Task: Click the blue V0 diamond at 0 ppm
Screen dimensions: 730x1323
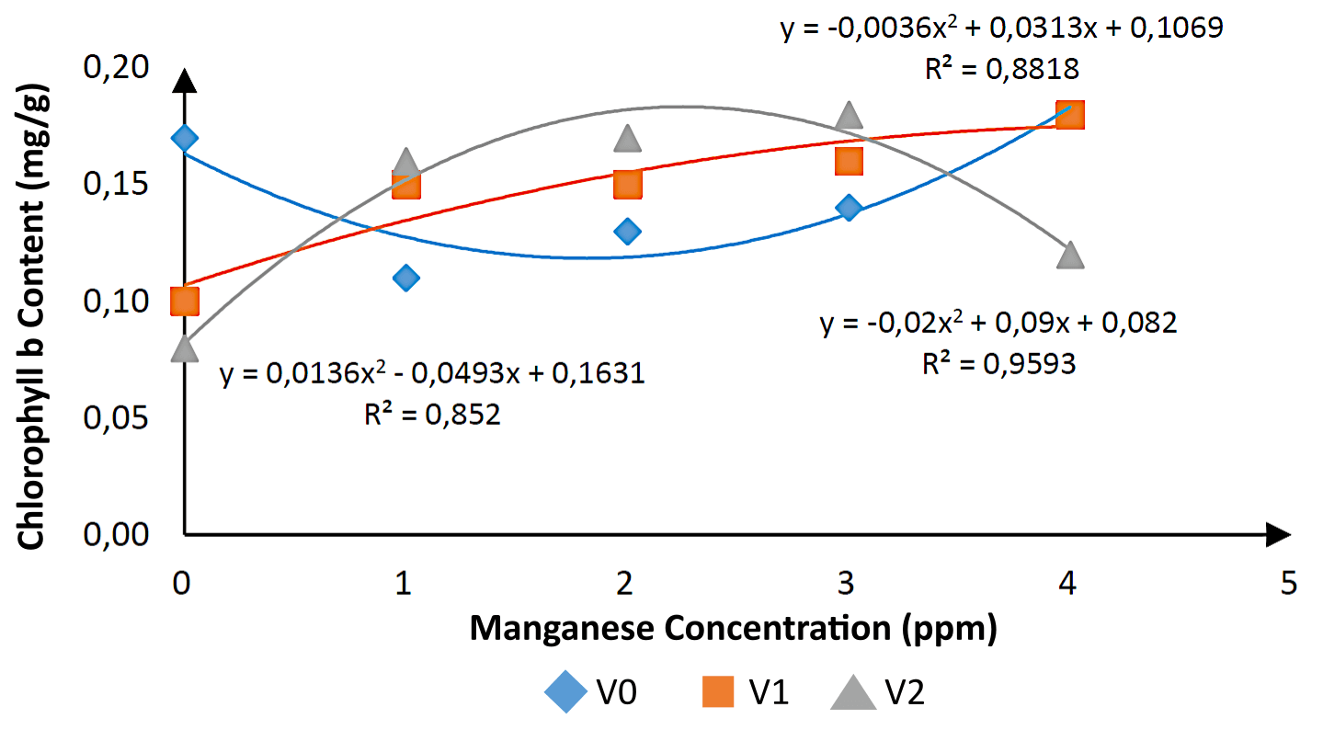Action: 185,139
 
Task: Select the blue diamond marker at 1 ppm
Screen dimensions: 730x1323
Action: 406,278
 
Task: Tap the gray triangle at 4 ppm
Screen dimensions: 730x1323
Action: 1071,255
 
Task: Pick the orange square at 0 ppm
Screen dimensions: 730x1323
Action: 185,301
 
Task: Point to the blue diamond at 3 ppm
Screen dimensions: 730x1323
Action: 849,208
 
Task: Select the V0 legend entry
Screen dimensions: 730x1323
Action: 588,692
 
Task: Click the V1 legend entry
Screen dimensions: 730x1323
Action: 741,692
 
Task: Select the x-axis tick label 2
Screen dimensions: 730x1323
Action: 626,583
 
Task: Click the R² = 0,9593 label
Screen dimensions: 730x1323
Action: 998,364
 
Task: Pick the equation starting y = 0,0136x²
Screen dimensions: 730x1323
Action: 432,374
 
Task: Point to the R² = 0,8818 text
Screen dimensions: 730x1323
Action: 1001,68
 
